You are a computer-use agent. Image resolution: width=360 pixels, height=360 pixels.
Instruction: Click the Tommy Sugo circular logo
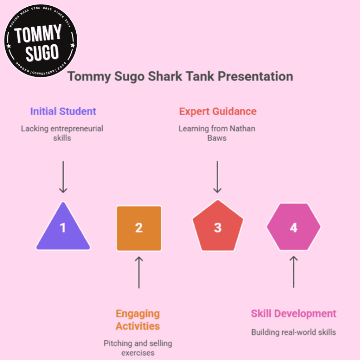click(41, 41)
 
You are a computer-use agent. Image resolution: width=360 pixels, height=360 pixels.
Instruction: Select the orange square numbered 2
click(139, 228)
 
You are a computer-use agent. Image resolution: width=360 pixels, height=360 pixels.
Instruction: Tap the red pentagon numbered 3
click(218, 226)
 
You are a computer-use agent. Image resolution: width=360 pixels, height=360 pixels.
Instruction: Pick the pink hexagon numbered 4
click(294, 227)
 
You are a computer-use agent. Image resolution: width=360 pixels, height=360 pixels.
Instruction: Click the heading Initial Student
click(63, 111)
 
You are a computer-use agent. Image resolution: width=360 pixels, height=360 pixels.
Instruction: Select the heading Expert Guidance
click(218, 111)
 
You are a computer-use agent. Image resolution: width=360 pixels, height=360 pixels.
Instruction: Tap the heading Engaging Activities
click(138, 320)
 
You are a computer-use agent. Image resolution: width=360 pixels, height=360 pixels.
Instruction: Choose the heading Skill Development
click(294, 314)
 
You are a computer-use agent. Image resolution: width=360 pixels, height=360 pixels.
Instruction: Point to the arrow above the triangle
click(63, 177)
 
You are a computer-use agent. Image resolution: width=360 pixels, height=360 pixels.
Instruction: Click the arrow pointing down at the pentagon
click(217, 177)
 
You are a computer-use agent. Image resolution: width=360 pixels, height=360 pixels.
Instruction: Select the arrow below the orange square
click(139, 272)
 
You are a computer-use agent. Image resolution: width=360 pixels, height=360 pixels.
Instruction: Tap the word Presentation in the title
click(255, 76)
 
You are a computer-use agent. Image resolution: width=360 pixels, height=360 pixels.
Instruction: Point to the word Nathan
click(243, 129)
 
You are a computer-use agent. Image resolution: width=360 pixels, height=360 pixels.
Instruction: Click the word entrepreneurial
click(77, 129)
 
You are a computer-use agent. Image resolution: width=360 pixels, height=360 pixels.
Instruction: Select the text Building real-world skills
click(294, 332)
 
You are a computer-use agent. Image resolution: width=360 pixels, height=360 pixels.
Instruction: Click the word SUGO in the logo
click(42, 53)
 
